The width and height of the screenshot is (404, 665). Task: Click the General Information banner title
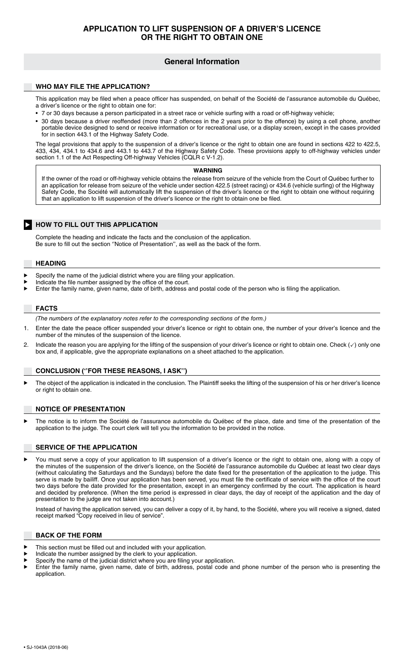[202, 62]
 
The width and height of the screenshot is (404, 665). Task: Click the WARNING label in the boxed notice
[208, 170]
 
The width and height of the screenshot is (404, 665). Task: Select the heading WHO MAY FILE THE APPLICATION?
[93, 87]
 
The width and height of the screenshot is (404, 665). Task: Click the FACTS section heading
[46, 308]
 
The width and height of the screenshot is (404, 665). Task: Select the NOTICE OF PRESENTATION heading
[80, 409]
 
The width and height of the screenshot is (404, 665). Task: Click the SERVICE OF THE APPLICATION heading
[86, 447]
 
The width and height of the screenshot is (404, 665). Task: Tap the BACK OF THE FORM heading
[68, 535]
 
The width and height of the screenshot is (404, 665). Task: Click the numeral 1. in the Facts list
[26, 328]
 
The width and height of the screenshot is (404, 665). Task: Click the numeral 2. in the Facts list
[26, 345]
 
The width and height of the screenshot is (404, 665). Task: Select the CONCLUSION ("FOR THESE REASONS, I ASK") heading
[111, 371]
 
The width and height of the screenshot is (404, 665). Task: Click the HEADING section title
[51, 263]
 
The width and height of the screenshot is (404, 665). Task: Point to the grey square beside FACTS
[28, 308]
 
